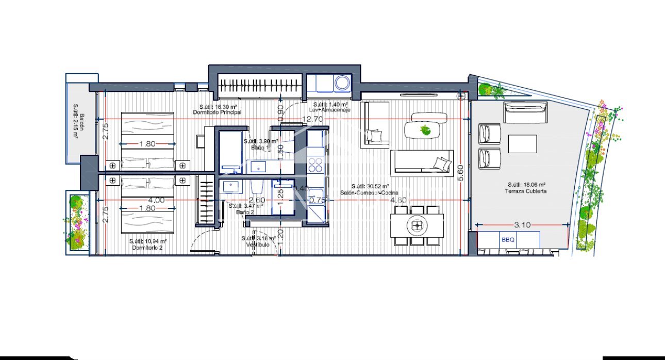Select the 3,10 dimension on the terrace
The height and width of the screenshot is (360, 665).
pyautogui.click(x=523, y=225)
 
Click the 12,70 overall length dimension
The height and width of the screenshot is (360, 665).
pyautogui.click(x=313, y=119)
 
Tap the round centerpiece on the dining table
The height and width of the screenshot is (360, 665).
pyautogui.click(x=417, y=225)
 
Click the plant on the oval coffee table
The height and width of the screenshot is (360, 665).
pyautogui.click(x=425, y=129)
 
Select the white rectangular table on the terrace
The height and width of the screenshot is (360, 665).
pyautogui.click(x=522, y=144)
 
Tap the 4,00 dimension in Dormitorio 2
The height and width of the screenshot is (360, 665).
pyautogui.click(x=156, y=200)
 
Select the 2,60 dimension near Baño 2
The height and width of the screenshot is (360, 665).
pyautogui.click(x=257, y=200)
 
